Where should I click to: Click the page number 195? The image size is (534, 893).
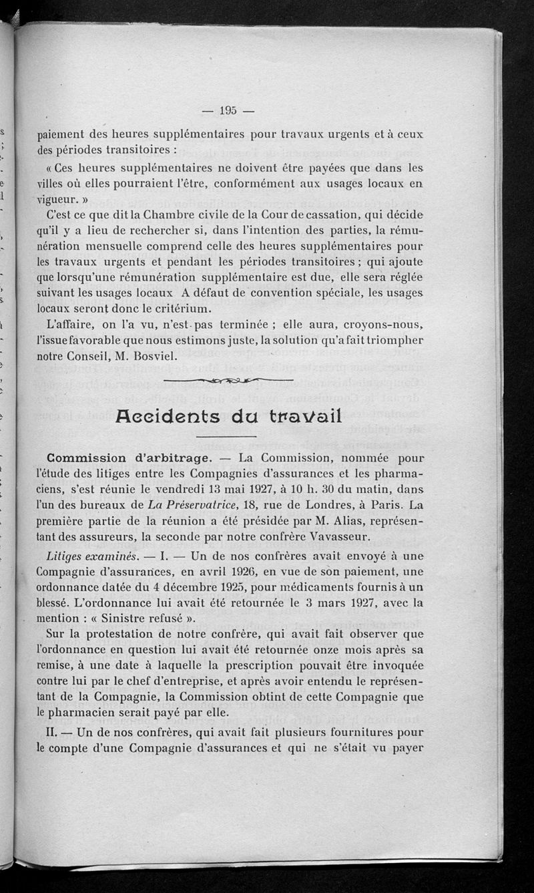(x=228, y=111)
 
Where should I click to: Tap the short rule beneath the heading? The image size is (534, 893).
(x=228, y=437)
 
